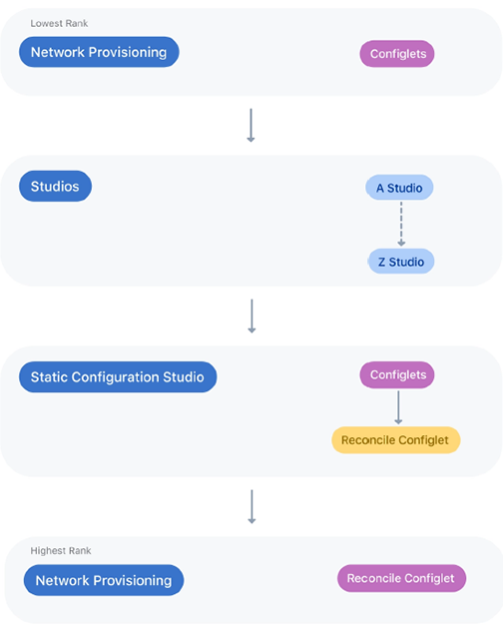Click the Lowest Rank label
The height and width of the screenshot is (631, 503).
coord(59,23)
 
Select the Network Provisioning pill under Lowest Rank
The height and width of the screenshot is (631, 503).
coord(99,52)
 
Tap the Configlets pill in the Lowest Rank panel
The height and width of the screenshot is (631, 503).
coord(397,54)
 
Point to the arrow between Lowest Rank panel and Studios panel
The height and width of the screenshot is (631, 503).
coord(251,125)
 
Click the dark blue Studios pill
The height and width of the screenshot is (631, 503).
coord(55,186)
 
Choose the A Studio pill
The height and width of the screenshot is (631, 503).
coord(399,187)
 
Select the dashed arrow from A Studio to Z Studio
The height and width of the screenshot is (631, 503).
coord(401,224)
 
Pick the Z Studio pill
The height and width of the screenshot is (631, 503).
coord(401,262)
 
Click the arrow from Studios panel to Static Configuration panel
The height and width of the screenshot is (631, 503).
coord(251,315)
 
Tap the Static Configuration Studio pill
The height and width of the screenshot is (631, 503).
coord(118,376)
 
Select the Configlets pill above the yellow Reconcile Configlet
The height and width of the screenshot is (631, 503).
coord(397,374)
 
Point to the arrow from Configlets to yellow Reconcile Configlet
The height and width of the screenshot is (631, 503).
coord(398,407)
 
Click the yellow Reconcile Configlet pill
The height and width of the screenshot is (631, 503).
coord(396,440)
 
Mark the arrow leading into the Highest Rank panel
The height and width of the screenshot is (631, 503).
coord(251,506)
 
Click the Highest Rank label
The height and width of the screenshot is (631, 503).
coord(61,550)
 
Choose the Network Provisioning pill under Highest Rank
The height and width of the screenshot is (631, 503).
coord(104,580)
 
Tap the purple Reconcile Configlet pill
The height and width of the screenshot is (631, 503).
coord(401,578)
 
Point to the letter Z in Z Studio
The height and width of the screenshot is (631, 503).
coord(381,262)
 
